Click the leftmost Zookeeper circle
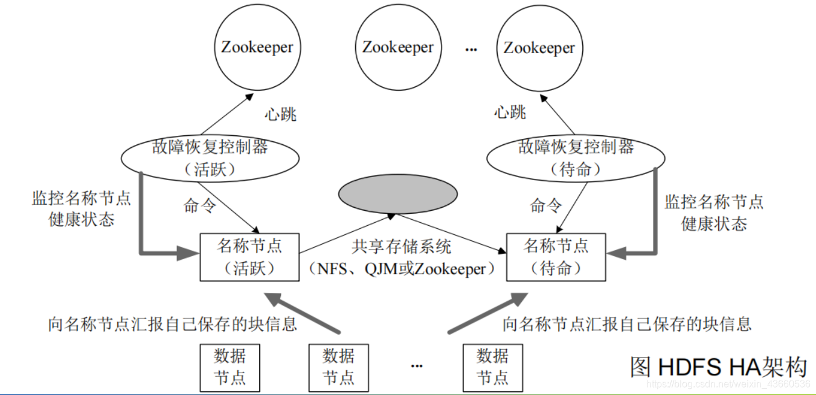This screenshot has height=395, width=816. [257, 48]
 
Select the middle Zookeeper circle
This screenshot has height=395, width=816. [398, 48]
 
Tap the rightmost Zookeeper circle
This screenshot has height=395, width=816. [539, 48]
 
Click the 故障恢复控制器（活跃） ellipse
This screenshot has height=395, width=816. [210, 159]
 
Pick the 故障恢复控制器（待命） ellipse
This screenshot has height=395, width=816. [576, 159]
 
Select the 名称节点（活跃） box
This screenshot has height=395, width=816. [249, 257]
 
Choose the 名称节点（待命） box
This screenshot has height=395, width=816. [556, 257]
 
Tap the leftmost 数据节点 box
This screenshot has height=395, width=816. [230, 367]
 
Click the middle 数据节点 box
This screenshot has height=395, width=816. [338, 367]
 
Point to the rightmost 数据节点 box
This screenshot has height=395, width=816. [492, 367]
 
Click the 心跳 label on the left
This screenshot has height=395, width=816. [281, 114]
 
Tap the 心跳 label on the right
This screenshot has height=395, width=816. [510, 112]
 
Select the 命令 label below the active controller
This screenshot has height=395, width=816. [200, 206]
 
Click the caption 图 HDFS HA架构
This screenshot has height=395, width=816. [719, 366]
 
